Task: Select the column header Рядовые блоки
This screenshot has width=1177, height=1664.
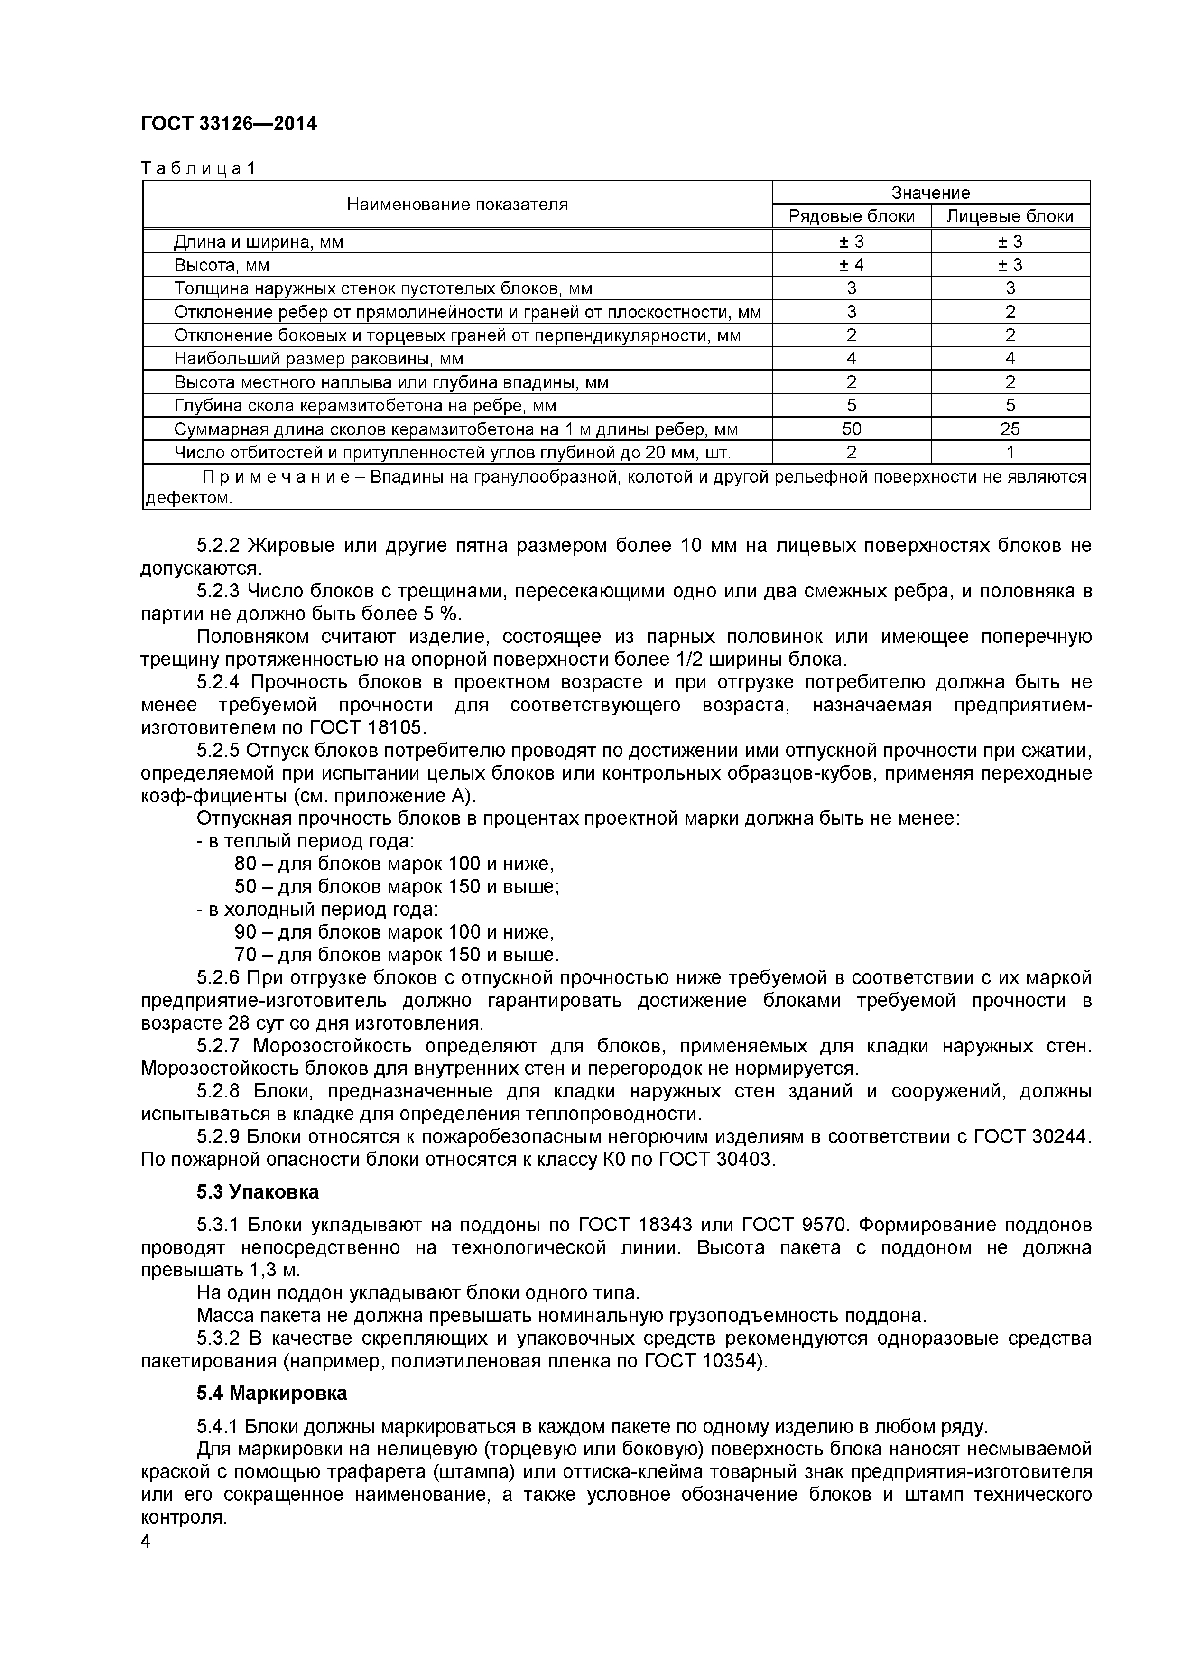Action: pos(851,216)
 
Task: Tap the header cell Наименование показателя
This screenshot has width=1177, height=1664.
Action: pos(457,205)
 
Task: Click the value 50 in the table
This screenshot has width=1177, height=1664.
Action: pos(851,429)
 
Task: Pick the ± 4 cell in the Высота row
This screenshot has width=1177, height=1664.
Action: pos(851,265)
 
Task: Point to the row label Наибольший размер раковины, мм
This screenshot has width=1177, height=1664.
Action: pos(318,359)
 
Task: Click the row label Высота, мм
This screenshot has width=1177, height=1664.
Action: pos(221,265)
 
